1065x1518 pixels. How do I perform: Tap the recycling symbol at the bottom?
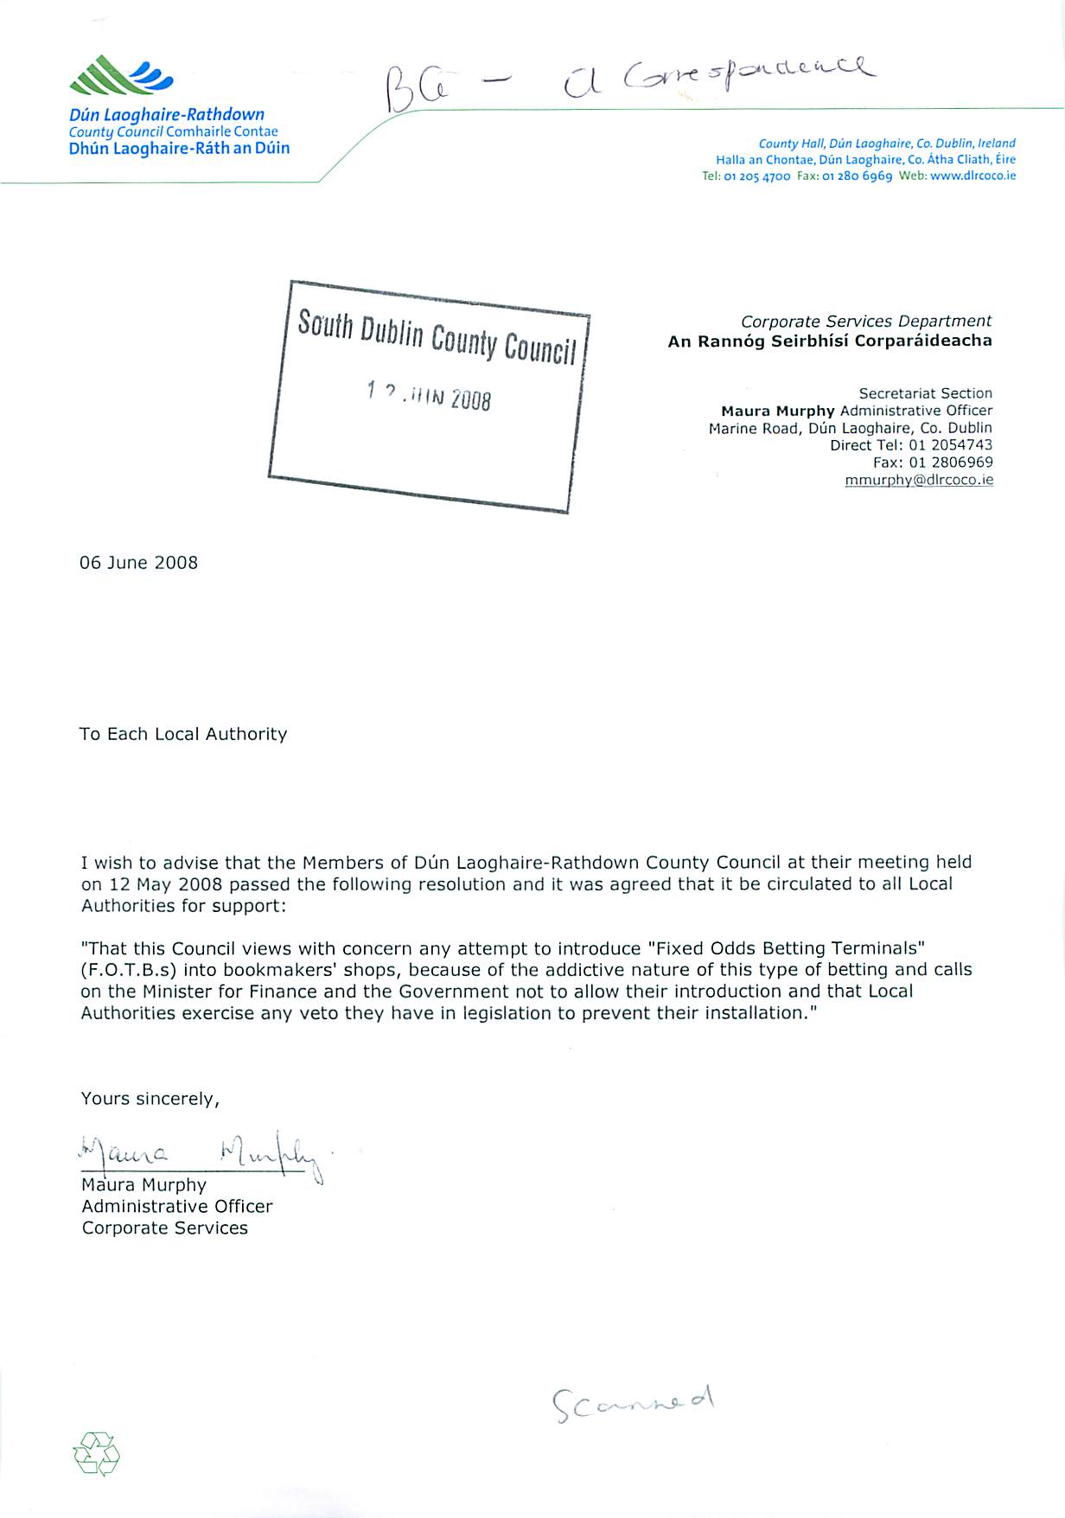click(x=97, y=1453)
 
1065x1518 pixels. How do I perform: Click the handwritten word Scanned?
click(x=634, y=1402)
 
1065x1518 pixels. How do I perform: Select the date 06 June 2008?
click(x=138, y=563)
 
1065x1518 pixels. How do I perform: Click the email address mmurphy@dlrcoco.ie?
click(x=919, y=480)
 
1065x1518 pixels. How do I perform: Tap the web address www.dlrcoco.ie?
click(x=973, y=175)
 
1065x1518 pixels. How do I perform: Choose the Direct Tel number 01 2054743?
click(x=950, y=445)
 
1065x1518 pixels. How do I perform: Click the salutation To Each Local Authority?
click(x=183, y=734)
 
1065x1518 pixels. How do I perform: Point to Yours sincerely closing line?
click(x=150, y=1099)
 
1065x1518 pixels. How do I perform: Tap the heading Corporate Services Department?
click(x=866, y=322)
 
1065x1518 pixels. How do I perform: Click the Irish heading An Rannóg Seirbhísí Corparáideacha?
click(x=830, y=341)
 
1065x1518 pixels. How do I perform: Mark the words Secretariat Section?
click(x=925, y=393)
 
